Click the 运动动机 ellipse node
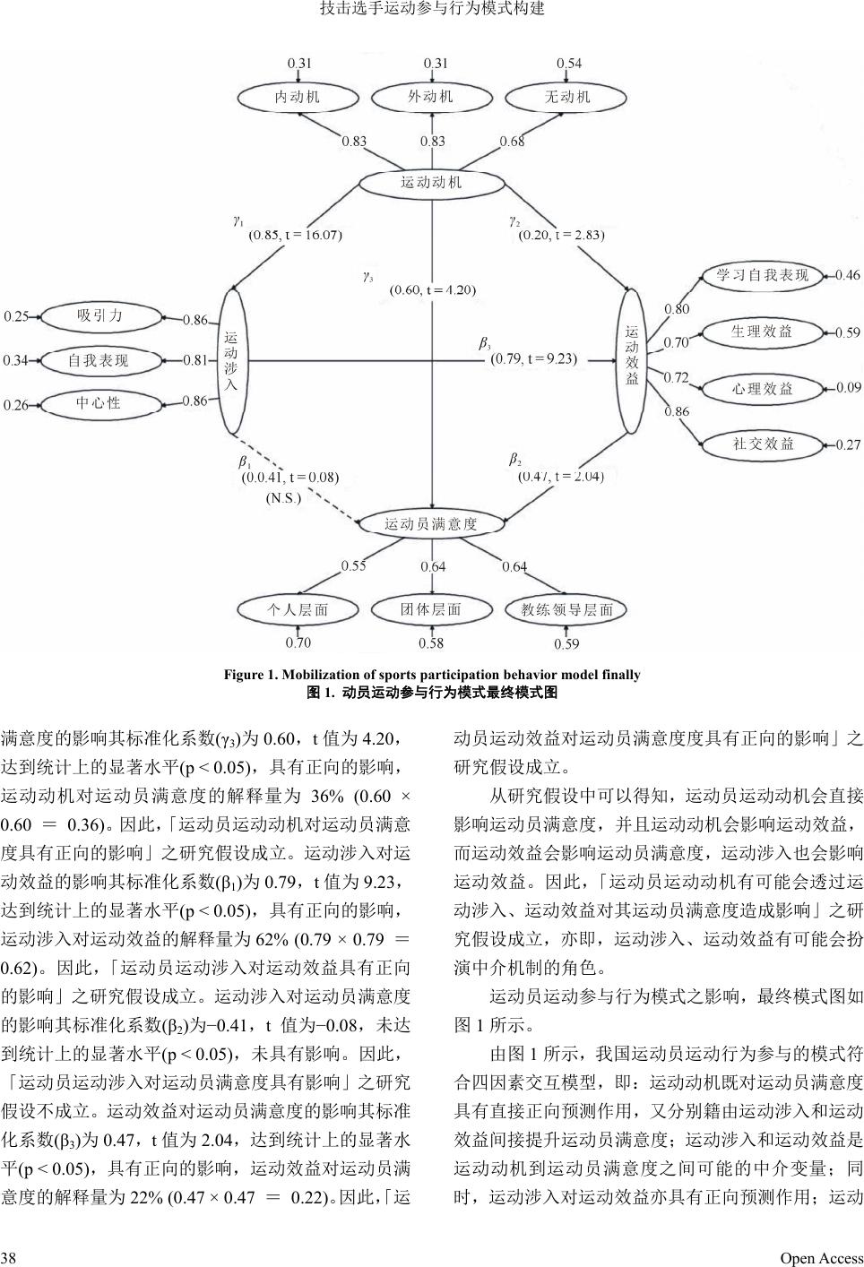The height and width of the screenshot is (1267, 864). point(431,183)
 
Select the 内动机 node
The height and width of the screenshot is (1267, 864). point(297,97)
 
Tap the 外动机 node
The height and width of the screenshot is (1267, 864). point(431,97)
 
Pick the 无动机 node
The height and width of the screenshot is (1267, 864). point(567,97)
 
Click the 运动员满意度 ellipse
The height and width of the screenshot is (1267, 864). point(431,523)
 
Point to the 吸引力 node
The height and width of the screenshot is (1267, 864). point(99,315)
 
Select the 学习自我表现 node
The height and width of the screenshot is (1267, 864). point(762,275)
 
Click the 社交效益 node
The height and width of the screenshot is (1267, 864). point(763,444)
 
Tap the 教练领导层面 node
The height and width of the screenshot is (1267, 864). point(567,609)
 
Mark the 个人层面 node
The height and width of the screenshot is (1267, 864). point(298,609)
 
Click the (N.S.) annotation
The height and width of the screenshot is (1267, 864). point(283,498)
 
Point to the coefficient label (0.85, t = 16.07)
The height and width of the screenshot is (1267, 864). point(295,235)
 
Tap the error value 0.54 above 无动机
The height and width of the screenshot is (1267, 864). point(569,64)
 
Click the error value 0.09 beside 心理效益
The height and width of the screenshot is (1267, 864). point(848,388)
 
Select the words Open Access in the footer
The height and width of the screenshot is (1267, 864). point(821,1258)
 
